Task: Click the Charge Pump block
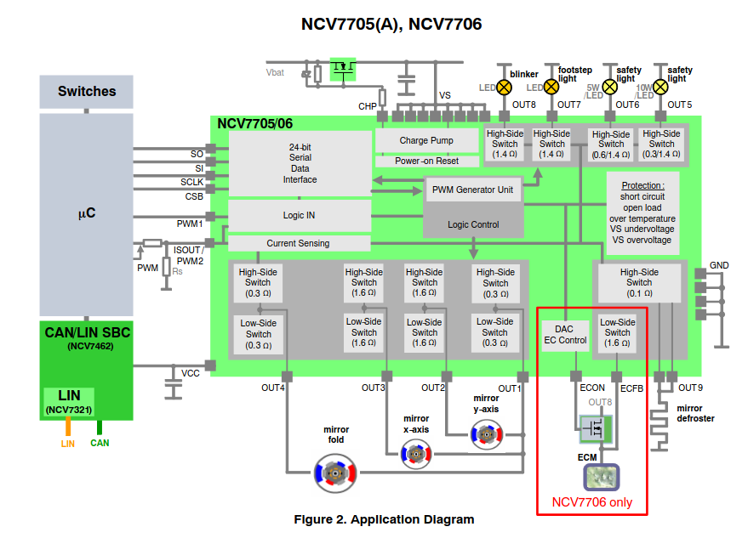(425, 140)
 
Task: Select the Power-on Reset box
(425, 161)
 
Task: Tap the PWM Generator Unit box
(472, 190)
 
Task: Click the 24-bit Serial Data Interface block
(300, 163)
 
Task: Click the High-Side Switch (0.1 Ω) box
(638, 282)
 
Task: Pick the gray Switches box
(86, 92)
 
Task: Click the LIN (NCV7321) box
(69, 402)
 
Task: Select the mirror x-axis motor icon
(416, 455)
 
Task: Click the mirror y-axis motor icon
(487, 436)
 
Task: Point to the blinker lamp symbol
(504, 87)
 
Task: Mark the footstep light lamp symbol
(551, 87)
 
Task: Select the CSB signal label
(194, 196)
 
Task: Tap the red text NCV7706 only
(591, 501)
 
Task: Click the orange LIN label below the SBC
(68, 443)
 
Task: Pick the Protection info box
(642, 212)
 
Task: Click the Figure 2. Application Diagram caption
(384, 519)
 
